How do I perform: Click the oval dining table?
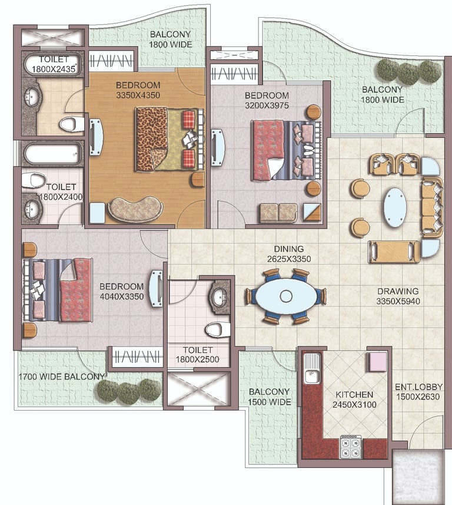[x=286, y=296]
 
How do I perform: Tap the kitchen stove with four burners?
[x=351, y=447]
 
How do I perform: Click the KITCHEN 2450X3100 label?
[x=354, y=400]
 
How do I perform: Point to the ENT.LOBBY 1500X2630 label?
[x=418, y=392]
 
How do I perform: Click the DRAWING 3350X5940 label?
[x=398, y=296]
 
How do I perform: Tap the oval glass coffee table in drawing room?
[x=395, y=207]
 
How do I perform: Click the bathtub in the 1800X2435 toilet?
[x=53, y=64]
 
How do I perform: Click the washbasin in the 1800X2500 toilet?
[x=220, y=296]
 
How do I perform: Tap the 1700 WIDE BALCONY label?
[x=62, y=377]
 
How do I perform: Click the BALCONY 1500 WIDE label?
[x=270, y=397]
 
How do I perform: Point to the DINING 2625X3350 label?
[x=289, y=254]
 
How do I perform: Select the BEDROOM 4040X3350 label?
[x=122, y=292]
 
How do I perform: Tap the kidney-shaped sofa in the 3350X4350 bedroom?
[x=135, y=209]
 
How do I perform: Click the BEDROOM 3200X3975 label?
[x=267, y=101]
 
